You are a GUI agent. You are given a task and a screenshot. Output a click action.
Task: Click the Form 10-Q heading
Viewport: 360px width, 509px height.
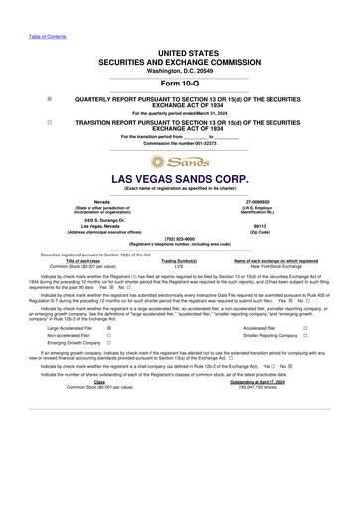(x=180, y=84)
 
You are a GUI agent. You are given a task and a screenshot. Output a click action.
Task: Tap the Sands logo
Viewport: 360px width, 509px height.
(x=179, y=161)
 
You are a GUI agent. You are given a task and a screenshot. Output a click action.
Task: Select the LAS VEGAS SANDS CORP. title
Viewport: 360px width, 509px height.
(x=180, y=179)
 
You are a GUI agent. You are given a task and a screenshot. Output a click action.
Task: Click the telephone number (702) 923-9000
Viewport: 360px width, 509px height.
(x=180, y=238)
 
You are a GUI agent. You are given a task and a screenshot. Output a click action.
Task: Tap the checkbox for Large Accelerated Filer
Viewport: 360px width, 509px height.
(x=107, y=326)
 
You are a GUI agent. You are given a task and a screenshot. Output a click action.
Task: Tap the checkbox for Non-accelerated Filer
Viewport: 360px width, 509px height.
(x=107, y=335)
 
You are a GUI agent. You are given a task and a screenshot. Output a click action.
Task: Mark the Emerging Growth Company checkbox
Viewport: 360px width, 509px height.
(x=107, y=344)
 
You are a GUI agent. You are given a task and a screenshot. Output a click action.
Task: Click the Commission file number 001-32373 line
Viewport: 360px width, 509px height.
(x=180, y=143)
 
